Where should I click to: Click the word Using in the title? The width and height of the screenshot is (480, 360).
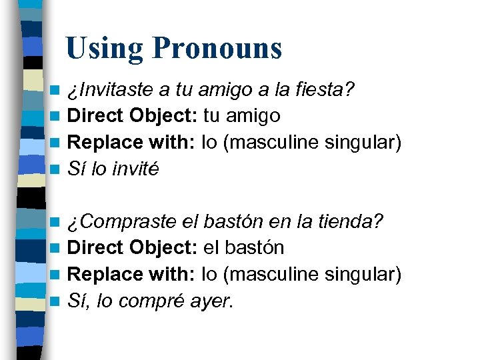pos(105,49)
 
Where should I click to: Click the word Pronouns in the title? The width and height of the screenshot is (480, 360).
pos(217,49)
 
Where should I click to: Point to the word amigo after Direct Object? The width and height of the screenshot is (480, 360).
pos(253,116)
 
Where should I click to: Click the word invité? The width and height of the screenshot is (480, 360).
pos(136,169)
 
